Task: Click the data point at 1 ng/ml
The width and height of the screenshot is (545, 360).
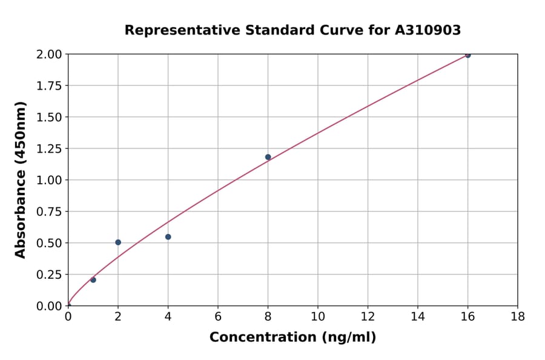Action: pos(93,279)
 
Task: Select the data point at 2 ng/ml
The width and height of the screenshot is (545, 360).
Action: pos(118,242)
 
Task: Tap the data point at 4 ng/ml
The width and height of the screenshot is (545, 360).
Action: pos(168,237)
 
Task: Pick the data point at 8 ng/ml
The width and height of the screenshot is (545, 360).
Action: pos(268,157)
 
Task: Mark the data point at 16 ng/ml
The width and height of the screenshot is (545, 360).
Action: pos(467,55)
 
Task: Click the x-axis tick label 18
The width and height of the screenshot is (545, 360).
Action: pos(517,316)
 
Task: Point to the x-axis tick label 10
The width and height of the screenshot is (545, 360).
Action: pos(317,316)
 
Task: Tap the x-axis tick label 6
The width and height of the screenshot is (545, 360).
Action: pos(218,316)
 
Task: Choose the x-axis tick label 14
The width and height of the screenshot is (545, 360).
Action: pos(417,316)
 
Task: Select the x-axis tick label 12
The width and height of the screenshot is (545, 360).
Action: pos(368,316)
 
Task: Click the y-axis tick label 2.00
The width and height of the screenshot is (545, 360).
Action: pos(49,55)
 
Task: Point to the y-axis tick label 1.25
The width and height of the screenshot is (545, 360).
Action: pos(49,148)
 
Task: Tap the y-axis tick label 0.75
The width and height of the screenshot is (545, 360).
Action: pos(49,212)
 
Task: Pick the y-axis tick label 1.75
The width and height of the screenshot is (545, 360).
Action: pos(49,86)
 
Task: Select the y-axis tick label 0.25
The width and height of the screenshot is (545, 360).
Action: pos(49,275)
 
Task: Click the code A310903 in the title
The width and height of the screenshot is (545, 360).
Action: pos(428,30)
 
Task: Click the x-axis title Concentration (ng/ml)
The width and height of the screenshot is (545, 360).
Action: pos(292,337)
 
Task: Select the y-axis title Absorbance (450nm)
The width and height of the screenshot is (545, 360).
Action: pos(21,180)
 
